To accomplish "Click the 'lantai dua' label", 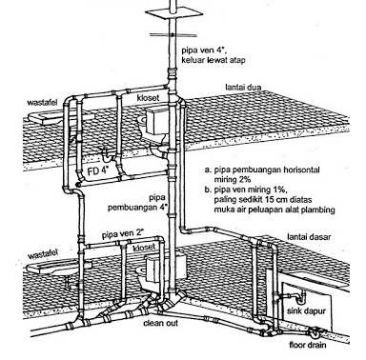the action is coord(243,87).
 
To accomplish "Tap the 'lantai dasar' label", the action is coord(309,237).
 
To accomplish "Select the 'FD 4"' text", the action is coord(98,170).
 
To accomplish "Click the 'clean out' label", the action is coord(161,323).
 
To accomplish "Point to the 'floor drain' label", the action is coord(308,345).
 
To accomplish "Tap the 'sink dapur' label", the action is coord(306,310).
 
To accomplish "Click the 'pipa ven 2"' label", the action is coord(123,235).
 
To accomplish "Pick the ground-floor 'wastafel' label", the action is coord(43,254).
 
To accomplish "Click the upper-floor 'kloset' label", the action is coord(148,98).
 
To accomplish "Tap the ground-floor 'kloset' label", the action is coord(145,248).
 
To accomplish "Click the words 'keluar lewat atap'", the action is coord(213,60).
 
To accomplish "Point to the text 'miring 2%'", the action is coord(232,179).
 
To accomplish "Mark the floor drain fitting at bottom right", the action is coord(315,333).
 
